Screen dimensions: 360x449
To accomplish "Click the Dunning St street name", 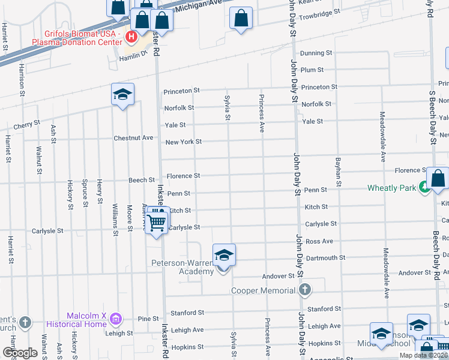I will (x=316, y=53).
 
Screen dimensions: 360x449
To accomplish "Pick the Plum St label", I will (x=312, y=70).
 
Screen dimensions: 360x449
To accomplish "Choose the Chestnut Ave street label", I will (x=134, y=138).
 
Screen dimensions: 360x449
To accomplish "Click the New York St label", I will (x=184, y=142).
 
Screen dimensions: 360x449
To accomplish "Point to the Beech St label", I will (x=142, y=180).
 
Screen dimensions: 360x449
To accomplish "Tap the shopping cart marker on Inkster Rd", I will (x=157, y=221).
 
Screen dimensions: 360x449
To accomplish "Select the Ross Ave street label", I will (x=319, y=241).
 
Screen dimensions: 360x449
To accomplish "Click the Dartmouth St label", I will (x=326, y=258).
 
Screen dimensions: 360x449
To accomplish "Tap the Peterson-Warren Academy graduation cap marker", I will (x=224, y=256).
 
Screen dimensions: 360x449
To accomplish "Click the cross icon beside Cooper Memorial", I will (x=305, y=290).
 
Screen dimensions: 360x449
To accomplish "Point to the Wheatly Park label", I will (x=391, y=188).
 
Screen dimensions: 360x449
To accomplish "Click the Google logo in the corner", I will (x=20, y=353).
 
